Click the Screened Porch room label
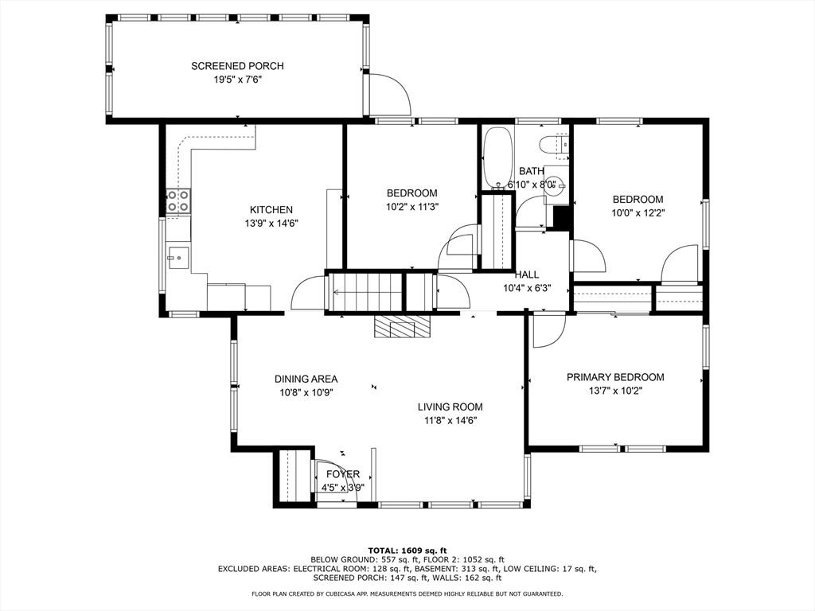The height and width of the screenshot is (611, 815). pos(237,66)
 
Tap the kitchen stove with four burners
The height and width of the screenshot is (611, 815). pos(177,201)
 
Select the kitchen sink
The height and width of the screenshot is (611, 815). pos(177,257)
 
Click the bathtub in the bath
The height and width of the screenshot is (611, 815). pos(498,158)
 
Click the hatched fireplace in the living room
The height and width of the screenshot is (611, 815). pos(402,325)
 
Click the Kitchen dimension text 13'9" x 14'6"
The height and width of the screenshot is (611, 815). pos(271,224)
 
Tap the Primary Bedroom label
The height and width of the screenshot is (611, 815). pos(615,377)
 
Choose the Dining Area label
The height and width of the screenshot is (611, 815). pos(306,379)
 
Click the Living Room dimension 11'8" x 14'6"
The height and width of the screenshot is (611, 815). pos(450,420)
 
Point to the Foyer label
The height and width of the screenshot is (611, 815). pos(343,474)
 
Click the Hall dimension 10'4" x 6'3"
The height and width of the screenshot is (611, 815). pos(527,288)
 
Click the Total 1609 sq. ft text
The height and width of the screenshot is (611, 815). pos(407,551)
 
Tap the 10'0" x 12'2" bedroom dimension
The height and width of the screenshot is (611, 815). pos(638,212)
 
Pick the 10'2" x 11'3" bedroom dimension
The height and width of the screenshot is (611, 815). pos(412,206)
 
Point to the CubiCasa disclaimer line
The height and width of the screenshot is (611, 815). pos(407,593)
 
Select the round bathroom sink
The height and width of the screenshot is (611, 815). pos(554,185)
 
